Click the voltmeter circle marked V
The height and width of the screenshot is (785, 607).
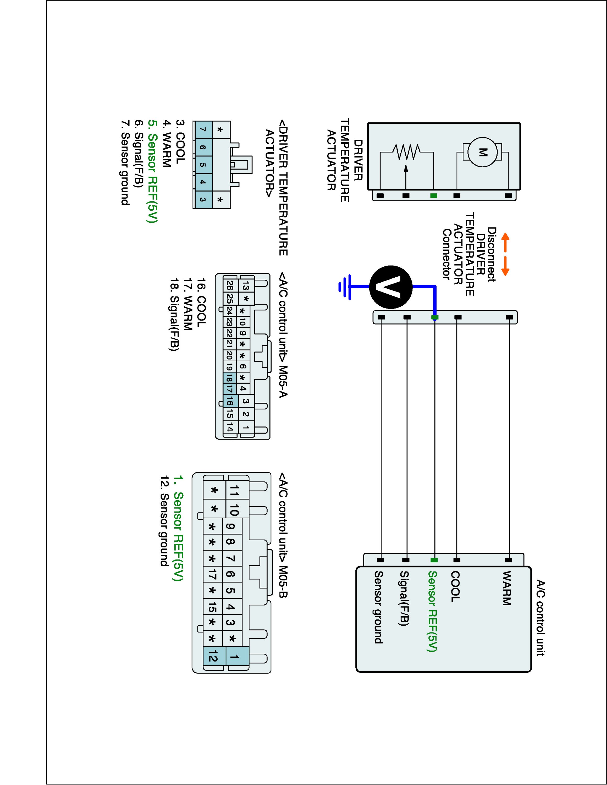tap(391, 287)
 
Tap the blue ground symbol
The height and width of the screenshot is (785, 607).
tap(345, 287)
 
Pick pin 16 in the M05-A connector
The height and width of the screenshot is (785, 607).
tap(230, 401)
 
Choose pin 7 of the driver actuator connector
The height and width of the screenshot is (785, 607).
tap(203, 130)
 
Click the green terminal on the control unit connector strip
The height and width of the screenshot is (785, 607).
tap(434, 560)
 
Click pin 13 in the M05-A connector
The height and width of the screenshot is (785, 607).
tap(246, 286)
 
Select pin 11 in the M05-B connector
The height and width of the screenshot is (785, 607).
tap(234, 490)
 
